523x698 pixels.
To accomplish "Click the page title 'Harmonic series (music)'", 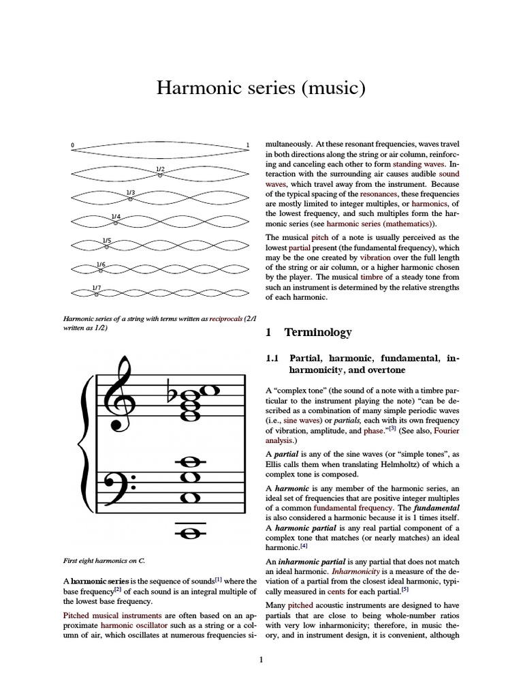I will point(261,88).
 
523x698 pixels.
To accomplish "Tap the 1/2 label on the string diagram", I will point(160,168).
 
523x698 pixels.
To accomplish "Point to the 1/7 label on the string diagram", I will point(97,288).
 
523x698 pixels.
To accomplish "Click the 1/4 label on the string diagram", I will point(116,216).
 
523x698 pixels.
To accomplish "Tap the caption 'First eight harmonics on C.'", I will point(105,560).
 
